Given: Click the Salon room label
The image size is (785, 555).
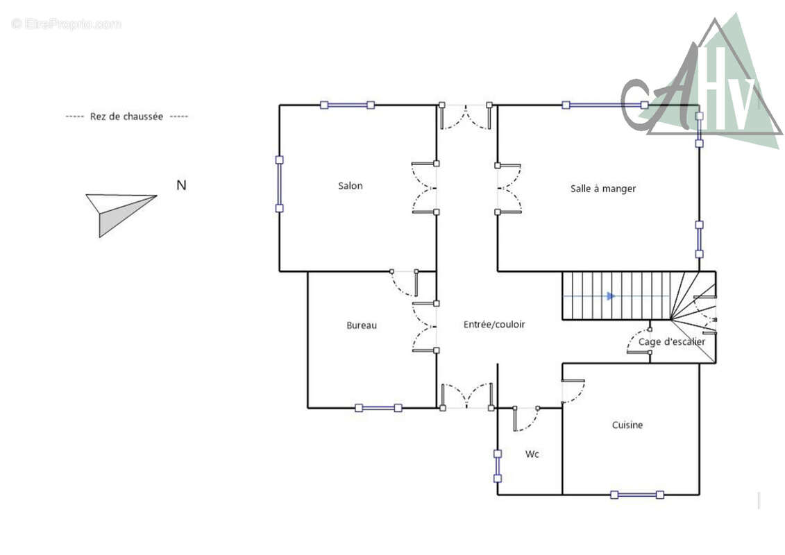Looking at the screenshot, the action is [350, 186].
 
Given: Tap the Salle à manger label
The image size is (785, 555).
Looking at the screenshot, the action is [602, 189].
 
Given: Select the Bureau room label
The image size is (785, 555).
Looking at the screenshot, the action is [362, 325].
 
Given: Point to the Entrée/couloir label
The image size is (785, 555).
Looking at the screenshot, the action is [494, 324].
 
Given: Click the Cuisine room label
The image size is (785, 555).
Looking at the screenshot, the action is [627, 425].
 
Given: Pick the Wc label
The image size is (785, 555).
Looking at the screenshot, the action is [532, 454].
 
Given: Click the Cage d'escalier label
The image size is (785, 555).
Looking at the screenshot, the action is [671, 342].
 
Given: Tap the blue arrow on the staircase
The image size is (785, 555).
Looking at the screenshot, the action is [611, 296].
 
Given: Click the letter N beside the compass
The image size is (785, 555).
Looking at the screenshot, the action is [181, 185].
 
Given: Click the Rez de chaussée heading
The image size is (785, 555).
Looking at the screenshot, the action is [126, 117].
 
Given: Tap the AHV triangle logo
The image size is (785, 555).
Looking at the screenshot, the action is [701, 83].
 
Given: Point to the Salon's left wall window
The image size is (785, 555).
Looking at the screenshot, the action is [279, 184].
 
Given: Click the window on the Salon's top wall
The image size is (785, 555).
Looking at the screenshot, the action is [348, 105].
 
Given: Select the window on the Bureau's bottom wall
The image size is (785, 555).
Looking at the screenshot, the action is [378, 408].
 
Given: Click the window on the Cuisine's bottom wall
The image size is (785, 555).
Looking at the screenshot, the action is [637, 495].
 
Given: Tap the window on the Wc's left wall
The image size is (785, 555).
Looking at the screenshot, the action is [498, 466].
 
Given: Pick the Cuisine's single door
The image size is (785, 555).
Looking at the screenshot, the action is [573, 391].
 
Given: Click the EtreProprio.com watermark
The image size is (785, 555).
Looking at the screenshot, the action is [66, 24].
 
